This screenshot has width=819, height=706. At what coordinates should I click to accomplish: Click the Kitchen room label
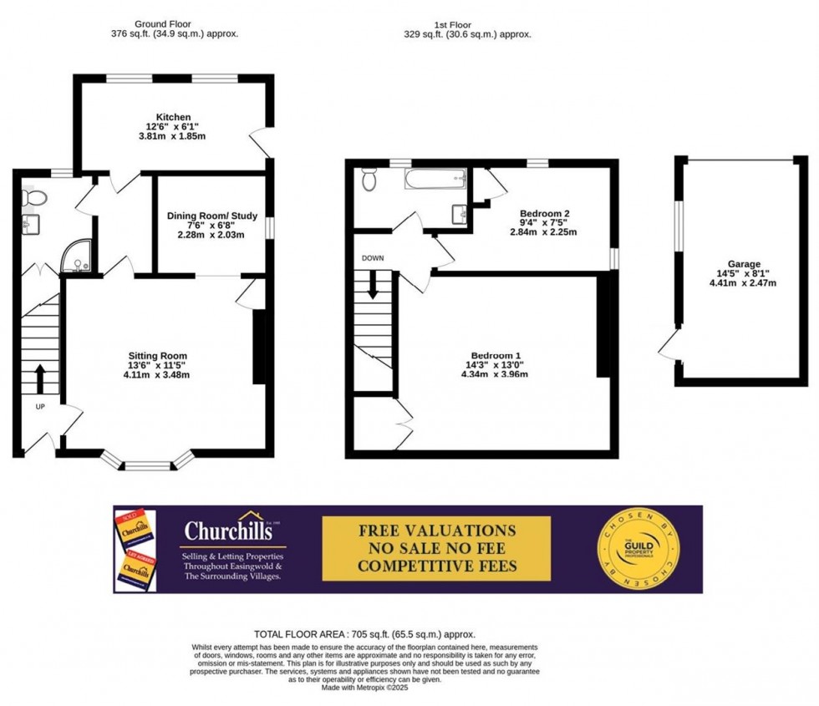[x=173, y=117]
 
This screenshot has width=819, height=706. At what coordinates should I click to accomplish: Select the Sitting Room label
[x=158, y=356]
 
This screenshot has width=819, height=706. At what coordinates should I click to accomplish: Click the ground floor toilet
[x=33, y=197]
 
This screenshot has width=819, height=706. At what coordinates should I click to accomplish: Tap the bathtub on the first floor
[x=434, y=178]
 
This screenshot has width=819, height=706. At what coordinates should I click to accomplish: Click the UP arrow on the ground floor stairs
[x=39, y=377]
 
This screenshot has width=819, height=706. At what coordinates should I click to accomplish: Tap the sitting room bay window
[x=147, y=461]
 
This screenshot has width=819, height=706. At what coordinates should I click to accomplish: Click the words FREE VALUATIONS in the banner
[x=437, y=531]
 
